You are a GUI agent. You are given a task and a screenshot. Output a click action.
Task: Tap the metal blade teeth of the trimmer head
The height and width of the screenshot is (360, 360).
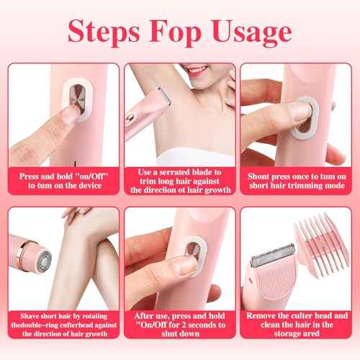[270, 252]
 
